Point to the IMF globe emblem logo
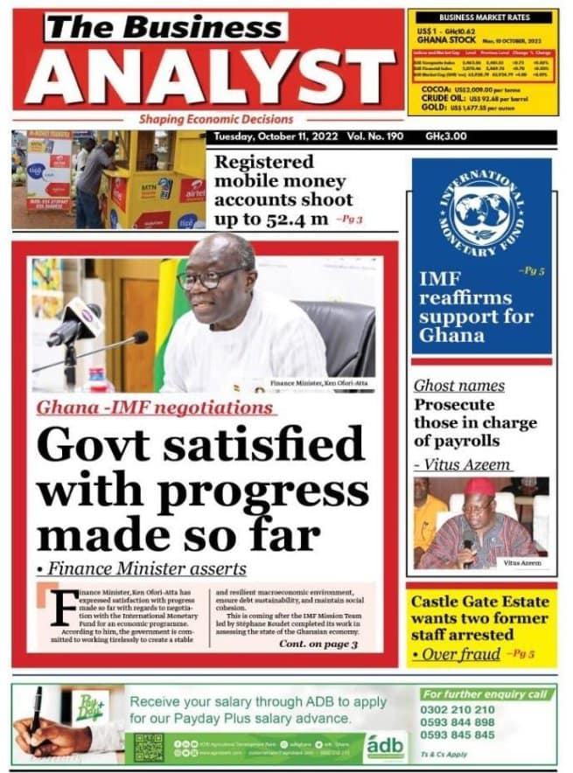(x=481, y=213)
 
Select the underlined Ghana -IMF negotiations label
(x=157, y=408)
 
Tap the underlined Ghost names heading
(x=458, y=386)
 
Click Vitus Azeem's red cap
(x=479, y=486)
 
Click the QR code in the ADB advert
(x=149, y=746)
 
